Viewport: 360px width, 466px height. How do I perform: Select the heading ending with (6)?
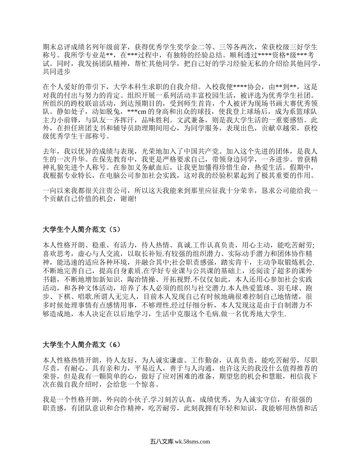[81, 344]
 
